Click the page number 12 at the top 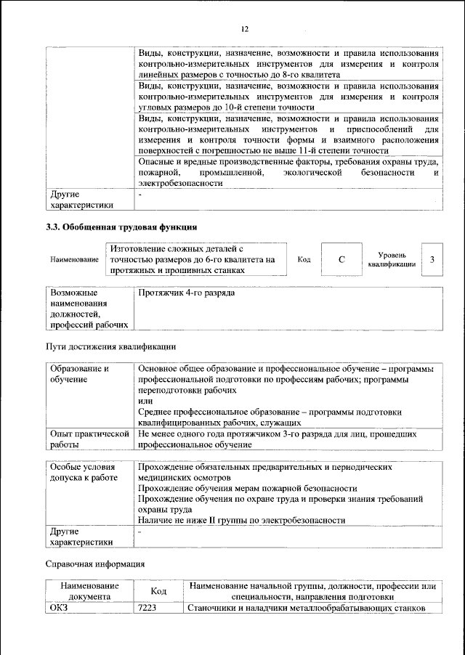pos(245,28)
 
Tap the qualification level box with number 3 pos(432,259)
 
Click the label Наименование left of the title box pos(74,260)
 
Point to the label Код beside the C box pos(304,259)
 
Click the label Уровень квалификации pos(392,260)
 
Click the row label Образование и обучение pos(80,374)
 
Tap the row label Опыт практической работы pos(87,439)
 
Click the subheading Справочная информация pos(95,563)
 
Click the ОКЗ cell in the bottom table pos(59,608)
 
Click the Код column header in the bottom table pos(158,591)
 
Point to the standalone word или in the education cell pos(145,400)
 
